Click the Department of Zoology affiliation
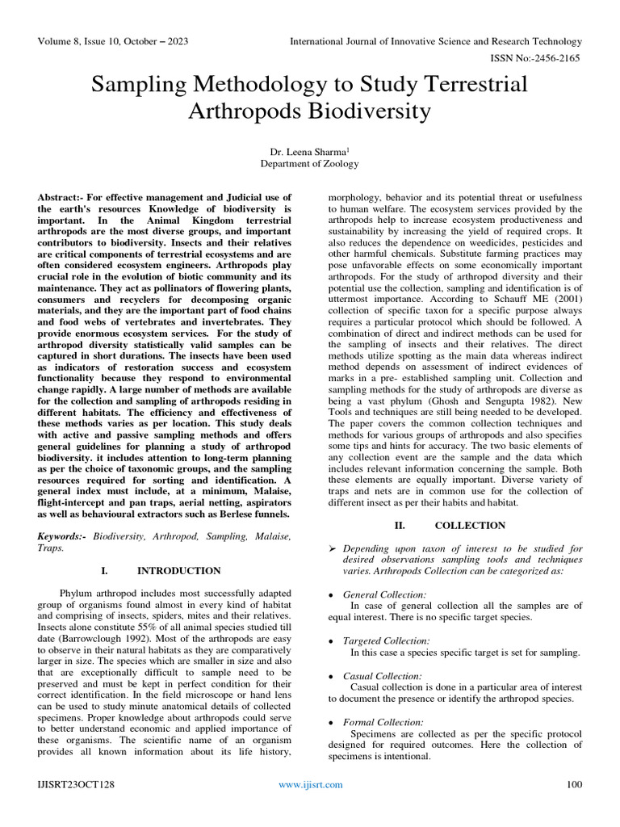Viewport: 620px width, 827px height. coord(310,163)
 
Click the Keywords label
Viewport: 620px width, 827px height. coord(63,536)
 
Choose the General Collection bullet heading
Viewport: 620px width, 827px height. coord(384,594)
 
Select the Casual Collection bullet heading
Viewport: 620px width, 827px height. coord(382,676)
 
